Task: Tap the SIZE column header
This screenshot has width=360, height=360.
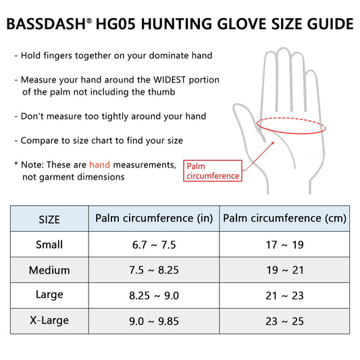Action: (49, 220)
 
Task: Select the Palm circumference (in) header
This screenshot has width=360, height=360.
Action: (154, 218)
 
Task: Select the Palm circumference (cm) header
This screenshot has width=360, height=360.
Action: (284, 218)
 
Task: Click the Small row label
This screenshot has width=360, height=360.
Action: (49, 245)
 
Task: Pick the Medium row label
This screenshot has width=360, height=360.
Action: (49, 270)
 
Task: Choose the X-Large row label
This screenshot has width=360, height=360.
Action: (49, 321)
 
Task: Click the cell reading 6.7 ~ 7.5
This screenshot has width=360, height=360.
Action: (154, 245)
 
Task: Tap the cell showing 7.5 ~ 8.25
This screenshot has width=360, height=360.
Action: (154, 270)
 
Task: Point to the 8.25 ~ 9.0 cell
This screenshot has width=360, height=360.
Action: (154, 296)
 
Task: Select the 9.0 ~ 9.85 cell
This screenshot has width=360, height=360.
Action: (154, 321)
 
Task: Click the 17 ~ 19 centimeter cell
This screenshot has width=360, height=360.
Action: (284, 245)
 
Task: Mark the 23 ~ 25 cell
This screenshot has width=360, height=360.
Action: (284, 321)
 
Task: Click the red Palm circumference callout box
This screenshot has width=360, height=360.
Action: (213, 171)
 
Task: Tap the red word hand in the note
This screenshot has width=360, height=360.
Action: (99, 165)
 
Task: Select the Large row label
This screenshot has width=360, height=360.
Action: (49, 295)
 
